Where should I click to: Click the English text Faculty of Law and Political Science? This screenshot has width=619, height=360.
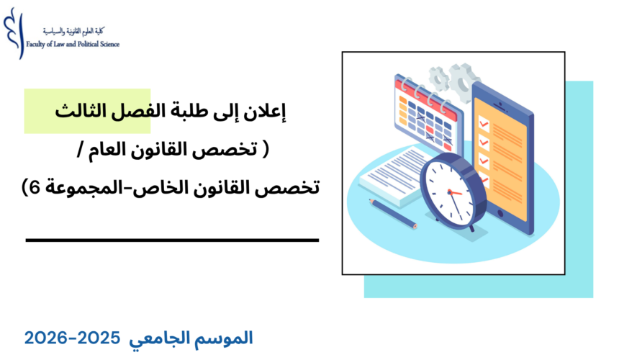click(x=72, y=44)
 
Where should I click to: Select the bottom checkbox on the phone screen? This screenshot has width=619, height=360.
click(x=484, y=178)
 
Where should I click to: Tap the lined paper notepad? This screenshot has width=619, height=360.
click(x=392, y=173)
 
